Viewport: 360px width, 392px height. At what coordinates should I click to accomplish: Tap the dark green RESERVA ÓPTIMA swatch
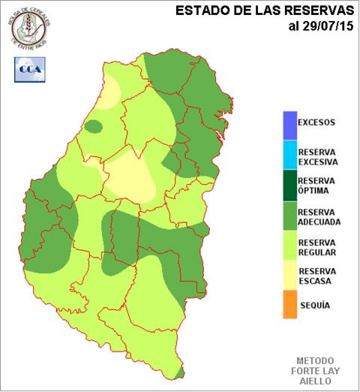(x=289, y=186)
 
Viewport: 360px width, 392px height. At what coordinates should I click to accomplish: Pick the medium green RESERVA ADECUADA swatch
(x=289, y=216)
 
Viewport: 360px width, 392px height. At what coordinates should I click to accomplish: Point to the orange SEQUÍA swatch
(x=289, y=306)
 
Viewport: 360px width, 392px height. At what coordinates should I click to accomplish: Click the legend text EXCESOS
(x=316, y=122)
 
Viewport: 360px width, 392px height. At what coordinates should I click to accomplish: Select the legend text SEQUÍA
(x=315, y=306)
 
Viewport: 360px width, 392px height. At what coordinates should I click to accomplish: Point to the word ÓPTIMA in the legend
(x=314, y=191)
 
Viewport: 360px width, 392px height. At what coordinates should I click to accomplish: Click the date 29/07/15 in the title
(x=325, y=27)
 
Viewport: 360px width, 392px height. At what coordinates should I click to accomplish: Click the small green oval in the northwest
(x=93, y=126)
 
